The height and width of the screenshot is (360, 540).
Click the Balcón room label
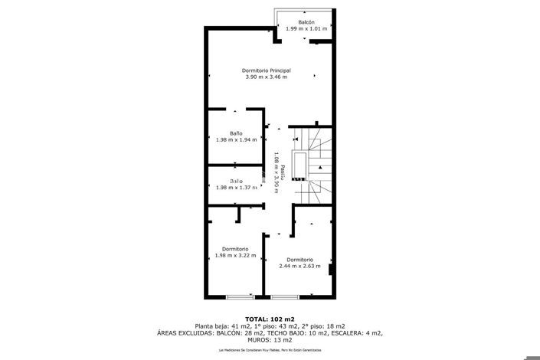tap(306, 22)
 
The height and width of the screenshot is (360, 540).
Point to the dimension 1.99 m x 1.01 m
tap(306, 29)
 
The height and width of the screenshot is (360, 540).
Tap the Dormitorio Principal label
tap(266, 70)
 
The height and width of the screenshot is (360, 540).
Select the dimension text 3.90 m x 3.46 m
tap(266, 77)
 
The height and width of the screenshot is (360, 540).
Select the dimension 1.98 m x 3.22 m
tap(235, 255)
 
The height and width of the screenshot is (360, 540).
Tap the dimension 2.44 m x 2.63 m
tap(299, 266)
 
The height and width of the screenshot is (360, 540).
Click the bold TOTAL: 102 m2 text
tap(270, 319)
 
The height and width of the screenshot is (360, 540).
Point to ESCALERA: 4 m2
tap(358, 333)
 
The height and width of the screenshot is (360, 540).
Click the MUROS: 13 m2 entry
tap(270, 340)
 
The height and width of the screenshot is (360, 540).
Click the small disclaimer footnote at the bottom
tap(270, 350)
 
